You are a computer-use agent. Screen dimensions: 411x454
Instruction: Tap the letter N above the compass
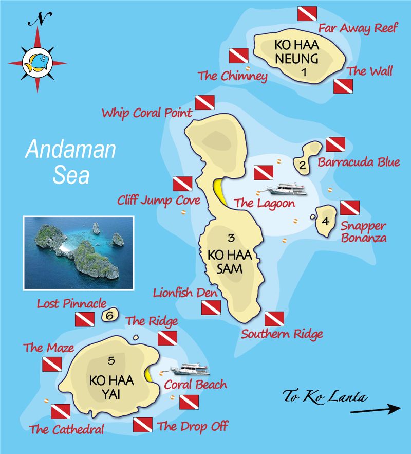[37, 20]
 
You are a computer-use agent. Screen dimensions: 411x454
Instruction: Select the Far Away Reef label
[358, 28]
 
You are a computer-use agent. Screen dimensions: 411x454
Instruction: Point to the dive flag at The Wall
[343, 86]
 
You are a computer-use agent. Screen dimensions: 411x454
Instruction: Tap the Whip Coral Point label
[147, 113]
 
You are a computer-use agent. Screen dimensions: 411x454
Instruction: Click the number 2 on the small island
[303, 165]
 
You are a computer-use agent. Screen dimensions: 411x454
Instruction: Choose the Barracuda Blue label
[359, 162]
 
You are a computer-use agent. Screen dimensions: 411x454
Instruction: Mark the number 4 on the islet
[325, 222]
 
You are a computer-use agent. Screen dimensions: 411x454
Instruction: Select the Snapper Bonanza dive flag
[349, 208]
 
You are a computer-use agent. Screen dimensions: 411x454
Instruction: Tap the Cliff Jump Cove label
[159, 199]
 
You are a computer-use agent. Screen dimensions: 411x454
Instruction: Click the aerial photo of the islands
[79, 252]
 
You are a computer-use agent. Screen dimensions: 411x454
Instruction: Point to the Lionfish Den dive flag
[211, 308]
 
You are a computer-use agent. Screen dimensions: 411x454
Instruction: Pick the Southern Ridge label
[282, 334]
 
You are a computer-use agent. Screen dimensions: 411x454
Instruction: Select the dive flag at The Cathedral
[61, 411]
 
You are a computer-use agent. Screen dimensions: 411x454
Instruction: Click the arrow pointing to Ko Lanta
[375, 409]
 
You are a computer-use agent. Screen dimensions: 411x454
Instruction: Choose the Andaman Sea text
[70, 161]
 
